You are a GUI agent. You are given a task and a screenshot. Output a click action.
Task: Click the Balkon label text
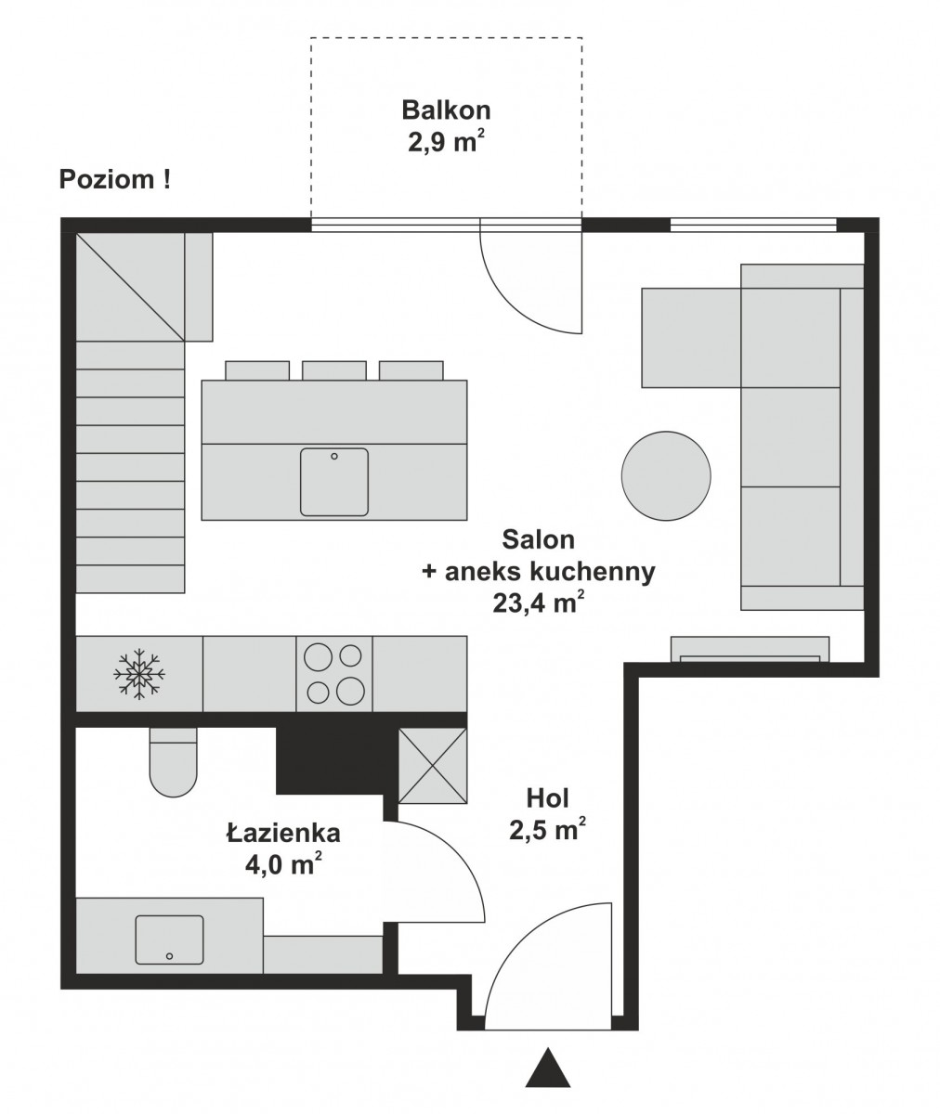point(446,110)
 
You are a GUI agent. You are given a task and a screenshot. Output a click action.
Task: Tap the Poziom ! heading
point(115,179)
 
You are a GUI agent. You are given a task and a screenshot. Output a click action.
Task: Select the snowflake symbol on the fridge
point(138,674)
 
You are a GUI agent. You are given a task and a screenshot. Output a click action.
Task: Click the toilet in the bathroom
point(174,762)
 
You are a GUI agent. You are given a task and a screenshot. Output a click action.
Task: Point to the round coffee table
point(666,476)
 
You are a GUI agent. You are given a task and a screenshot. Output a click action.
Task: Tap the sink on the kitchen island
point(334,483)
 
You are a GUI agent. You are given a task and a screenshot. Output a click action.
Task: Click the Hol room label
point(548,798)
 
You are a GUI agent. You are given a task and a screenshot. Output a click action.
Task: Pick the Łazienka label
point(283,833)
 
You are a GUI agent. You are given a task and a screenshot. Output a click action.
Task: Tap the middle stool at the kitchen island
point(334,370)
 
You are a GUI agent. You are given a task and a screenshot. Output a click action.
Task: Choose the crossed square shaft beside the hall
point(433,766)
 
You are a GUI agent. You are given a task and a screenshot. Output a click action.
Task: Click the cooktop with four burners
point(334,674)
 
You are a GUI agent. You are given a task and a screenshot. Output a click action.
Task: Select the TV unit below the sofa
point(750,649)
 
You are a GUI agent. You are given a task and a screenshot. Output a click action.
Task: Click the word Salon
point(538,539)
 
